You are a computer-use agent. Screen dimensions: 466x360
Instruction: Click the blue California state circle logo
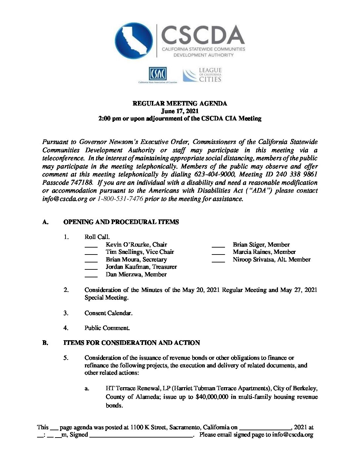(134, 41)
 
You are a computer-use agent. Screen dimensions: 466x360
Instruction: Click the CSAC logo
(157, 74)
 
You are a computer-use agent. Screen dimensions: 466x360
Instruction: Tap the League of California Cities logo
(202, 75)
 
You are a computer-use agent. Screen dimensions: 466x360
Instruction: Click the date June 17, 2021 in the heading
(180, 111)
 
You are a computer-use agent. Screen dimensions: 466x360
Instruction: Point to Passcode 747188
(66, 183)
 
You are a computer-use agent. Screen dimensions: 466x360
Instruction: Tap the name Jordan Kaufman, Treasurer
(141, 267)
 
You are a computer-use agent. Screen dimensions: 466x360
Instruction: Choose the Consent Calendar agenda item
(108, 313)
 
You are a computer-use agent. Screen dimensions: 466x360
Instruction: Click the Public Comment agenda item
(107, 328)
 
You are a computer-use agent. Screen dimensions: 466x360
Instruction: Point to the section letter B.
(45, 343)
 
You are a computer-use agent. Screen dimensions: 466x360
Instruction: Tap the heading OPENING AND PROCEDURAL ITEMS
(121, 222)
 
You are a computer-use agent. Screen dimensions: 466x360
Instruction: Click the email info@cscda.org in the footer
(292, 435)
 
